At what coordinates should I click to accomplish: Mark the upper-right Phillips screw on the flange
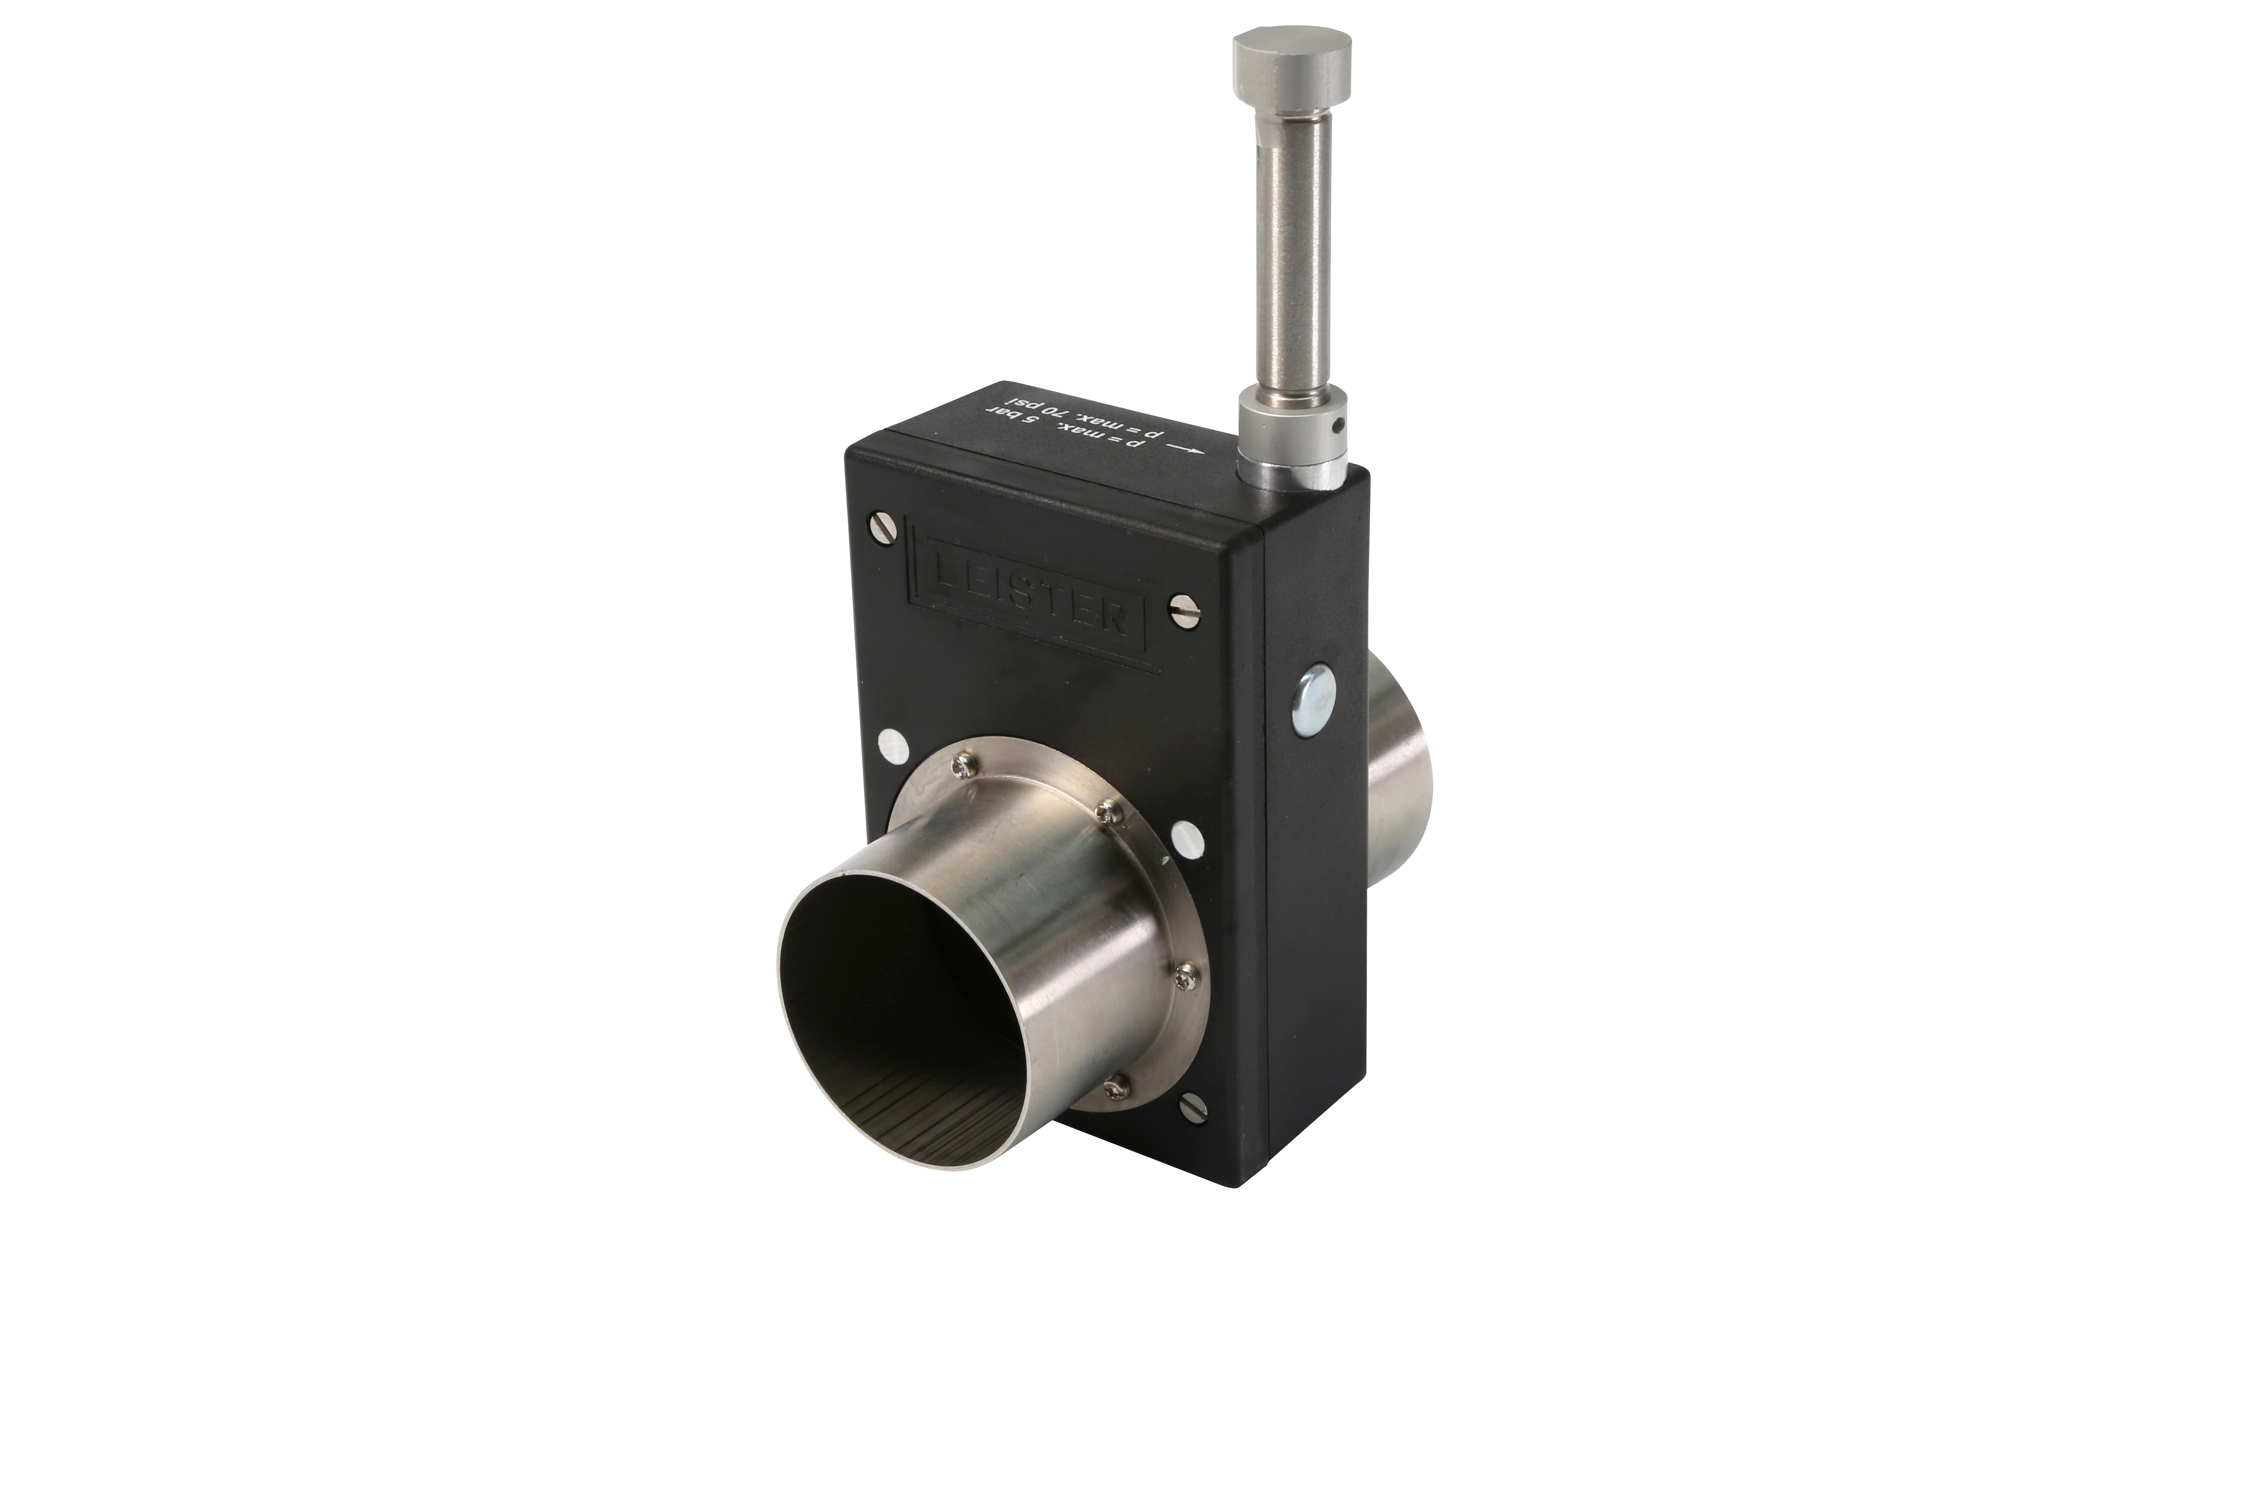1107,812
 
